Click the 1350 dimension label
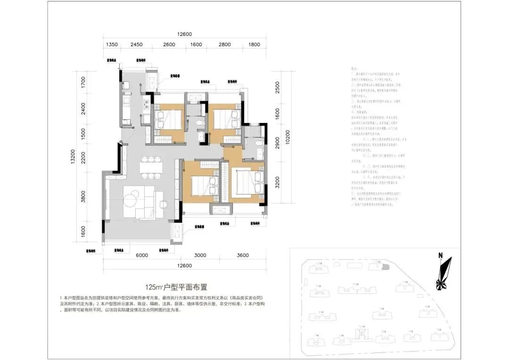112,45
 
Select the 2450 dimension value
136,45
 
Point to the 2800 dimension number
225,45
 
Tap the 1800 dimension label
254,45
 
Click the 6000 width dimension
142,255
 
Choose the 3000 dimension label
200,255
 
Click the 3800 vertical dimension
83,195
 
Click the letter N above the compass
440,255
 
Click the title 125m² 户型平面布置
177,286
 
